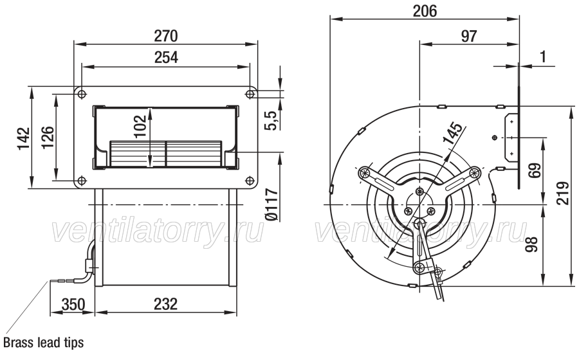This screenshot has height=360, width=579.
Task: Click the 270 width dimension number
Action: pos(166,36)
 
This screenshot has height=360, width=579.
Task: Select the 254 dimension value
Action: pos(166,58)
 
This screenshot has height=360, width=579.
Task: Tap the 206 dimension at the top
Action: pos(425,11)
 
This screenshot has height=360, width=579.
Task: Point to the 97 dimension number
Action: pos(469,36)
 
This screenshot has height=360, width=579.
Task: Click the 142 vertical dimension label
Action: pos(23,139)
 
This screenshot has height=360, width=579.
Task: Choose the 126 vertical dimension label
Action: pos(48,138)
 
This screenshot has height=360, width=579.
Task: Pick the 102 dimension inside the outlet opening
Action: pos(140,127)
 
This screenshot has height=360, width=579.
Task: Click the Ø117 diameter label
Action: pos(271,205)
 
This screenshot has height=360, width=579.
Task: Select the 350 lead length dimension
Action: pos(73,305)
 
